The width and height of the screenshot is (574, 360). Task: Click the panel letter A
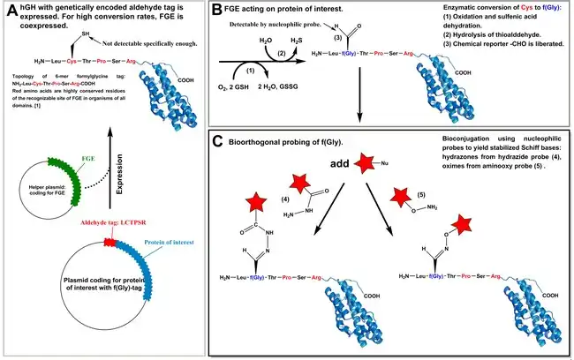tap(11, 12)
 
